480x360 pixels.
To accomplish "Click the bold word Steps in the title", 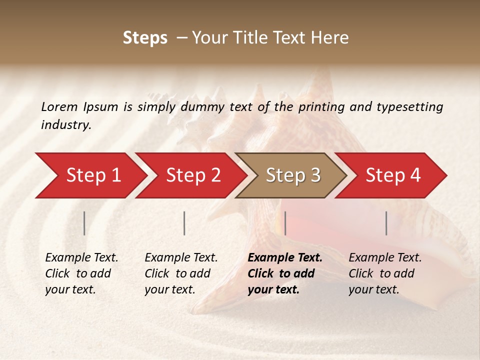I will [x=145, y=38].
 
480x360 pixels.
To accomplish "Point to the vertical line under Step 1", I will [x=84, y=223].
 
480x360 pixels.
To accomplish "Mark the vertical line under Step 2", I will [x=184, y=223].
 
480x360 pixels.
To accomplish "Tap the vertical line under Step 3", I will [x=285, y=223].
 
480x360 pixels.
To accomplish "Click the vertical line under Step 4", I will [x=386, y=223].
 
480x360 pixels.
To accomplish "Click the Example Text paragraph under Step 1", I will [x=81, y=273].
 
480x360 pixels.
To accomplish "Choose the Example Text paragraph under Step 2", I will [x=181, y=273].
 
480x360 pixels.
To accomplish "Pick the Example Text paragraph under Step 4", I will [x=385, y=273].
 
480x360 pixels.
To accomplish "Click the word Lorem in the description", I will [x=59, y=107].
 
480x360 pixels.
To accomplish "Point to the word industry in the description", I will [x=65, y=125].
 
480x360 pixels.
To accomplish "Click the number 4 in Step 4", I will [x=414, y=175].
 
